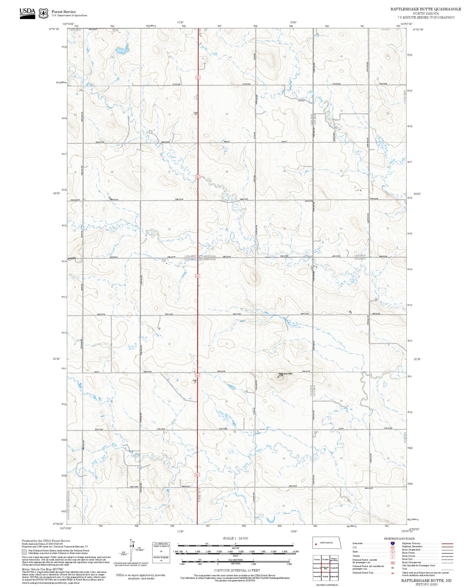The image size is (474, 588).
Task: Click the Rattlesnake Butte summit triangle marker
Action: click(x=278, y=377)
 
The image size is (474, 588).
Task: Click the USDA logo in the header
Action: click(x=27, y=13)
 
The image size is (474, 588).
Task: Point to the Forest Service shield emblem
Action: click(x=43, y=13)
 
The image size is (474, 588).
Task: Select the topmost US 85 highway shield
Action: click(x=197, y=78)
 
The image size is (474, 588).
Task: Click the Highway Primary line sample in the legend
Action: click(x=447, y=543)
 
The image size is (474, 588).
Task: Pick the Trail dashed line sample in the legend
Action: click(x=447, y=569)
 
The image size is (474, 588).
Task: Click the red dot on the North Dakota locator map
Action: click(x=316, y=545)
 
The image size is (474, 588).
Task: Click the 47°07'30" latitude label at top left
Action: click(x=54, y=29)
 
